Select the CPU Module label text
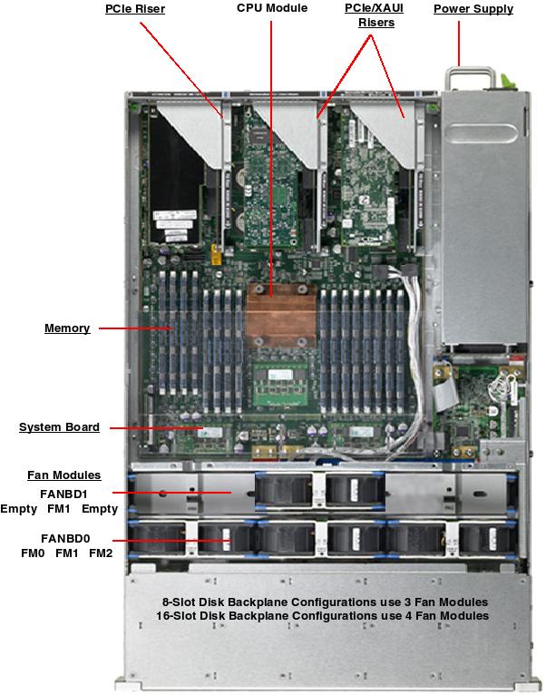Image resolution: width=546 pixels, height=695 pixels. point(272,8)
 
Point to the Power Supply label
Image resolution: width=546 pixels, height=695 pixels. point(473,9)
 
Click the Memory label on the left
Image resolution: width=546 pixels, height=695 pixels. point(67,328)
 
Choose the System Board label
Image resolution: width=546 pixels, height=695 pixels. point(59,427)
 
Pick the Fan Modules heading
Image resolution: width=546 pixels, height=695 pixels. point(63,475)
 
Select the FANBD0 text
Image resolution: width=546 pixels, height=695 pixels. point(65,538)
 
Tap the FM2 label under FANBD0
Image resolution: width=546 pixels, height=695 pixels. point(101,553)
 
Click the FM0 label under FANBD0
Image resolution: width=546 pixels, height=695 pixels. point(33,553)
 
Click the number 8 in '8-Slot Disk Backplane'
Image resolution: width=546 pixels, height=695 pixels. point(165,602)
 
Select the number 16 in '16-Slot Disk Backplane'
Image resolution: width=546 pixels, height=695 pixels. point(163,616)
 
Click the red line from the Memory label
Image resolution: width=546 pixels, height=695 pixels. point(136,328)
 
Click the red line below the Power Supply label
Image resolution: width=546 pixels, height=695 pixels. point(459,41)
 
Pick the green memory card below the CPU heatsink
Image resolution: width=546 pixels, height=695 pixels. point(279,377)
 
